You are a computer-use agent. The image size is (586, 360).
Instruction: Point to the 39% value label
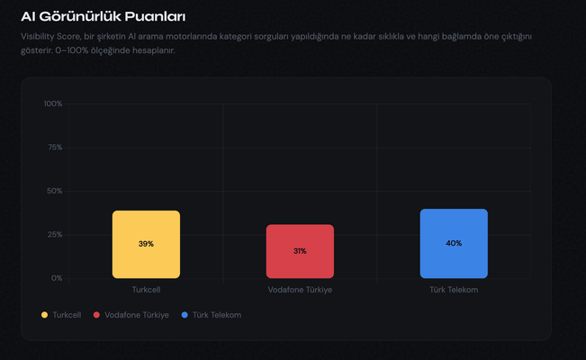[x=146, y=244]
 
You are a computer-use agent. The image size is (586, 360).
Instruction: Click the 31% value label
[x=300, y=251]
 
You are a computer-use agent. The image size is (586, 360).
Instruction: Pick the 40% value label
[x=454, y=243]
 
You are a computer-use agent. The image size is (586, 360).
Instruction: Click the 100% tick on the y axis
[x=53, y=103]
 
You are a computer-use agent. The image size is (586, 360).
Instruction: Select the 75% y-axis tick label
[x=54, y=148]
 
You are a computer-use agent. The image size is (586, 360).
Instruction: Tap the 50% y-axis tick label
[x=54, y=191]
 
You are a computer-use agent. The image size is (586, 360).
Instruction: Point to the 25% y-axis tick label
[x=54, y=235]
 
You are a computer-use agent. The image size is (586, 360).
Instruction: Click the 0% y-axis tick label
[x=57, y=278]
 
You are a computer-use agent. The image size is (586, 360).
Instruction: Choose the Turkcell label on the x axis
[x=146, y=290]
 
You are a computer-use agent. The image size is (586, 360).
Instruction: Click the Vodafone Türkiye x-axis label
[x=300, y=290]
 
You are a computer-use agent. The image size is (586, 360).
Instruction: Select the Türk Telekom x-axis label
[x=454, y=290]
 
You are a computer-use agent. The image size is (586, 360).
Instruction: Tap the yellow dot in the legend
[x=45, y=315]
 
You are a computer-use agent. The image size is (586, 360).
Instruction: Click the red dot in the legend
[x=97, y=315]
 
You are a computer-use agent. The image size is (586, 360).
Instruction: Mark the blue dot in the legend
[x=185, y=315]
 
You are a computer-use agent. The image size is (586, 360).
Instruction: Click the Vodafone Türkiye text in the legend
[x=137, y=315]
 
